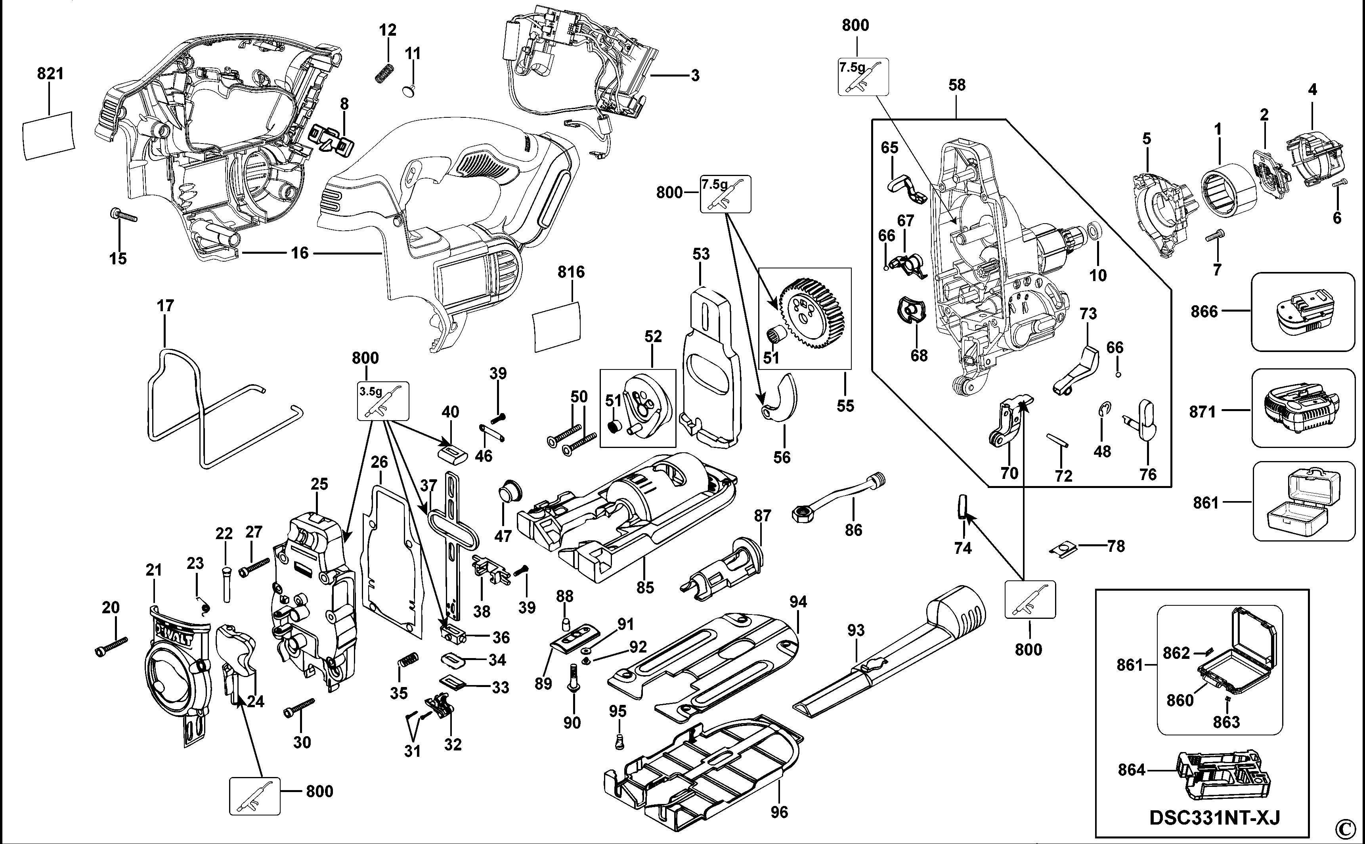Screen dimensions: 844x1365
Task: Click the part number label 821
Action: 50,73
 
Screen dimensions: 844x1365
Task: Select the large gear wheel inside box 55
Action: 812,309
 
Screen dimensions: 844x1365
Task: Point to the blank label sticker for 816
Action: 557,327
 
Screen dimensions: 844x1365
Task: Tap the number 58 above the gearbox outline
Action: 956,85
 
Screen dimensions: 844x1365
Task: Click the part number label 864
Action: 1132,770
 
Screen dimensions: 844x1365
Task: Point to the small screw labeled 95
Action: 618,741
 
